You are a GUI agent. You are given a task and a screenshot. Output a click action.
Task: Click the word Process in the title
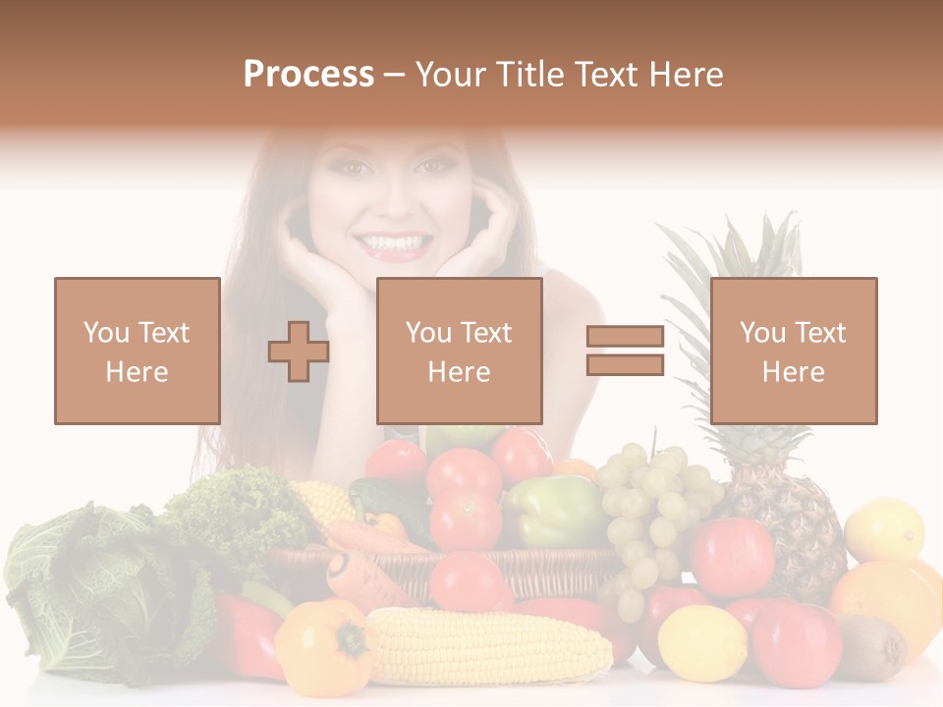tap(308, 75)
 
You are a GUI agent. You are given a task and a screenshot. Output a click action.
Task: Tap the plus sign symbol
tap(299, 351)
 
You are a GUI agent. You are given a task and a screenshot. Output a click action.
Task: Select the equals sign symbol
tap(626, 351)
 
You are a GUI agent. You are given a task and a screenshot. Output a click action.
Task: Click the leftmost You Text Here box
tap(137, 351)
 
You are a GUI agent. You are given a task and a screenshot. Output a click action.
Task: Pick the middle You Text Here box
tap(459, 351)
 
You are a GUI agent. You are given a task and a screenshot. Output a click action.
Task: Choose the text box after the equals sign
tap(793, 351)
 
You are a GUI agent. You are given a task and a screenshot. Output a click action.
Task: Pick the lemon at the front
tap(701, 644)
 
